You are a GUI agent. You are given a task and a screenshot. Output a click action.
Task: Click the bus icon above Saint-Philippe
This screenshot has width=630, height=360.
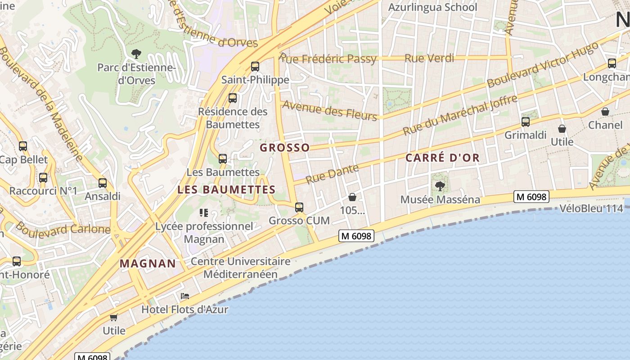pos(255,67)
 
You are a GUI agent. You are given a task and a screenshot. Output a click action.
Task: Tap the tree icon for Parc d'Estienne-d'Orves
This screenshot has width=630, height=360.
pos(136,54)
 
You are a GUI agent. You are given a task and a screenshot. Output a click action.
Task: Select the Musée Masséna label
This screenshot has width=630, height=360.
pos(440,199)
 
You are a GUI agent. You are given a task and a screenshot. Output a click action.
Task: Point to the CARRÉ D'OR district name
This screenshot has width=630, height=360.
pos(442,158)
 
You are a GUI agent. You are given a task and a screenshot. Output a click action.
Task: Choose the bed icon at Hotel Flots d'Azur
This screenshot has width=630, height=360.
pos(184,296)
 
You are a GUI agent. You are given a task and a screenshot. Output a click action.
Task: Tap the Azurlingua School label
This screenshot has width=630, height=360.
pos(432,7)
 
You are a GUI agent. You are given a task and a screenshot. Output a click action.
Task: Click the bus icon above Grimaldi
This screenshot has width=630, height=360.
pos(525,121)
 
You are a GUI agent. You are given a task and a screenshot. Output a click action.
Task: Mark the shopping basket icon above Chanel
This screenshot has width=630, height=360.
pos(605,112)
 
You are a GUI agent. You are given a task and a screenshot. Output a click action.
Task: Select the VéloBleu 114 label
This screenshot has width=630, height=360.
pos(591,208)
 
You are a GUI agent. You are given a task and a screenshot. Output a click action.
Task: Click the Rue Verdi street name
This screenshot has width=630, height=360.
pos(429,58)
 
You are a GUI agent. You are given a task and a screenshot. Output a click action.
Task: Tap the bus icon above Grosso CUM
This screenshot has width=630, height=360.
pos(299,207)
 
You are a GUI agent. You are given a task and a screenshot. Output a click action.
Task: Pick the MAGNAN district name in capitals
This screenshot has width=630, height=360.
pos(148,264)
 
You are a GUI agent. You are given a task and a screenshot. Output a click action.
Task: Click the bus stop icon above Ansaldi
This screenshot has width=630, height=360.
pos(103,183)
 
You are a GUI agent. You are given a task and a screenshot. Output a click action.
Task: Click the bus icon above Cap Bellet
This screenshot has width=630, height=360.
pos(23,146)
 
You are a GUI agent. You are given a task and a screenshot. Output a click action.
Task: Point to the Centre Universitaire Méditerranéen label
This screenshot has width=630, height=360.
pos(240,268)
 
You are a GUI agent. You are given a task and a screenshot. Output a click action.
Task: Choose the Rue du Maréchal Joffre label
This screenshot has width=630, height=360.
pos(460,115)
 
